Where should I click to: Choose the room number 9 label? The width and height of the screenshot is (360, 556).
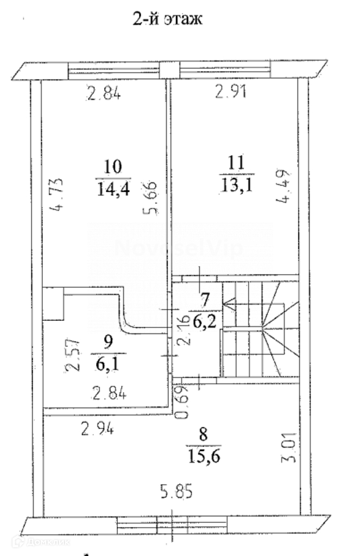tap(108, 343)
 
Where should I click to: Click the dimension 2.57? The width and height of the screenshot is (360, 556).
tap(73, 356)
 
